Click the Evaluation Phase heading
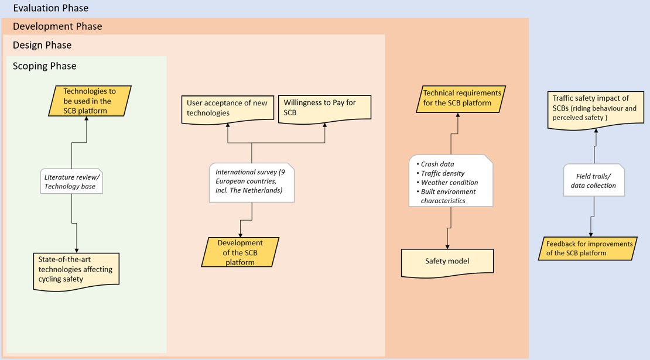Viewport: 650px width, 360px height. [50, 8]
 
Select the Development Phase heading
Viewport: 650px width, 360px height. [57, 26]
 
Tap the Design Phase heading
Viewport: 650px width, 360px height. [42, 45]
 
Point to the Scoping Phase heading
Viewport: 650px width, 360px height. [45, 66]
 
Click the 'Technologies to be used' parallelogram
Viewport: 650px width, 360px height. [90, 101]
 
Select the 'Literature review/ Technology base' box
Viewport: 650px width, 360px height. [71, 181]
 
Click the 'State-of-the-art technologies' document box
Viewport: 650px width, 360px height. [76, 272]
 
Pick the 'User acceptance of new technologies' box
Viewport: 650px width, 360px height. [228, 109]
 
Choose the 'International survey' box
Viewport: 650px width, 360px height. [252, 183]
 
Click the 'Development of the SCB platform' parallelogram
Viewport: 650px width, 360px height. [240, 252]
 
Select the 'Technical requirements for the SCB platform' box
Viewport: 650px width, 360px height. [461, 98]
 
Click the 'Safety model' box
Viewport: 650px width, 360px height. [447, 262]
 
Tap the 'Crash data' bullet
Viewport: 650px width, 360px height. [435, 164]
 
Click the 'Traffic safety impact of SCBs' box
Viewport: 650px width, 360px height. [596, 110]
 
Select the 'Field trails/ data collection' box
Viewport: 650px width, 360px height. [594, 181]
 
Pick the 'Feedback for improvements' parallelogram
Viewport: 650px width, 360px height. [587, 248]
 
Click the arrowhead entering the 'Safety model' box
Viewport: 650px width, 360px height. [447, 246]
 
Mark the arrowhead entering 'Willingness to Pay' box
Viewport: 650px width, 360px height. [324, 125]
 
